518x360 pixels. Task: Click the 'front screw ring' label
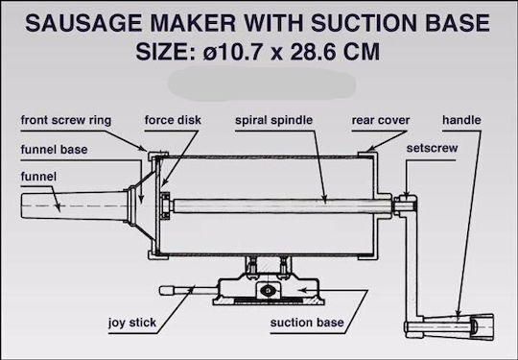(x=66, y=120)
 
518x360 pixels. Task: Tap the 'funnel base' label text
(x=54, y=150)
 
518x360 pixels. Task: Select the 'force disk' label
(x=173, y=120)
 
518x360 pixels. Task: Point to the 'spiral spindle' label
(x=273, y=120)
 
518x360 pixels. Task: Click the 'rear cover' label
(x=381, y=120)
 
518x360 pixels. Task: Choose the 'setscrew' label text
(x=432, y=148)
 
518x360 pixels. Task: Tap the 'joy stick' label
(x=132, y=323)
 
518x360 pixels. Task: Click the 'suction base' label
(x=307, y=323)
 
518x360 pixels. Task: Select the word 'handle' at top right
(x=461, y=120)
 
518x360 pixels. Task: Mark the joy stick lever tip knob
(x=167, y=291)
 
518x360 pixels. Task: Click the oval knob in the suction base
(x=268, y=291)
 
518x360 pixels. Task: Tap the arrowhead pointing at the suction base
(x=302, y=290)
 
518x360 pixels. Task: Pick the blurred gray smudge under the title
(x=262, y=84)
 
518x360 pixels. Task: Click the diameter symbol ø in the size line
(x=210, y=53)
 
